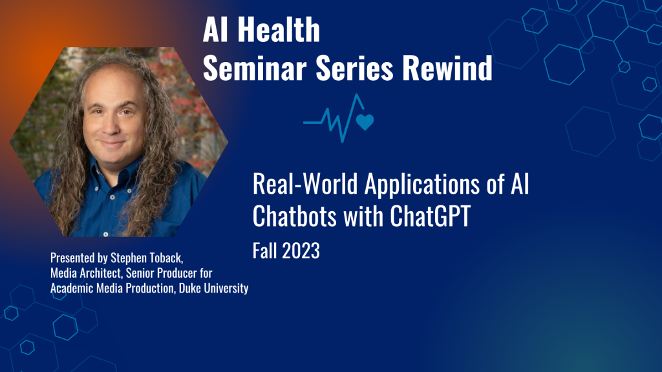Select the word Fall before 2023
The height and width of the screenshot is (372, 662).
pos(264,251)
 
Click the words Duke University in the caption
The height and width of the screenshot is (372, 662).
pos(216,289)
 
